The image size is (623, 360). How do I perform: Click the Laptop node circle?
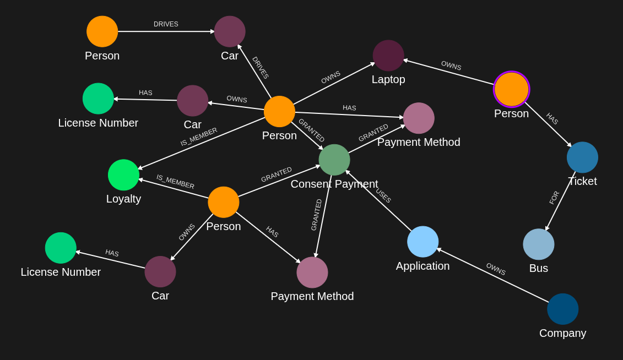(x=388, y=56)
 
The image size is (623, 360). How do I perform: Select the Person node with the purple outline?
(x=511, y=89)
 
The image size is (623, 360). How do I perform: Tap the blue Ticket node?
(x=582, y=157)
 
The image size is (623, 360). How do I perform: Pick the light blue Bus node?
(x=538, y=244)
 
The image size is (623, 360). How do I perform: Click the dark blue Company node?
(x=562, y=309)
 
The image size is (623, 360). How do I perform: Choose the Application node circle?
(x=422, y=242)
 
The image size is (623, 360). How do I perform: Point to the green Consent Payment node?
(x=334, y=160)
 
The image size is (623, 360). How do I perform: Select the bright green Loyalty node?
(x=123, y=175)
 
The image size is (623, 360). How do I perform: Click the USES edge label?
(x=383, y=196)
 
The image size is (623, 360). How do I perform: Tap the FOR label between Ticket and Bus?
(x=554, y=198)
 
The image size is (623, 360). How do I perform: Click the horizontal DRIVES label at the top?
(x=166, y=24)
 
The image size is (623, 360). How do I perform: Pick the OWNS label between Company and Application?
(x=496, y=269)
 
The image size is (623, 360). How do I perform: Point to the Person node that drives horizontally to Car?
(x=102, y=31)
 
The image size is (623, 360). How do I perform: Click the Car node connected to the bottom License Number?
(x=160, y=271)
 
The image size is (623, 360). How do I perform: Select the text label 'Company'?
(x=562, y=333)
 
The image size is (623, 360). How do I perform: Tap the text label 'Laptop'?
(x=388, y=79)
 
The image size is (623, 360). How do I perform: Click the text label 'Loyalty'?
(x=123, y=199)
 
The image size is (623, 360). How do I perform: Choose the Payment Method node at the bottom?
(x=312, y=272)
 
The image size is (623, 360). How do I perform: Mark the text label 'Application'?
(x=422, y=266)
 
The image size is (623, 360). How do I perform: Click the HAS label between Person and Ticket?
(x=552, y=119)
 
